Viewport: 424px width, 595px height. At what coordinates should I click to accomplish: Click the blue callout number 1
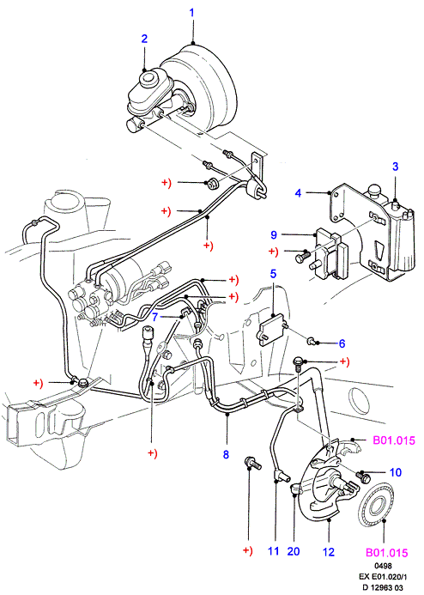point(191,13)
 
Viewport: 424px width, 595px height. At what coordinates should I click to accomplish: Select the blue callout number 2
point(144,39)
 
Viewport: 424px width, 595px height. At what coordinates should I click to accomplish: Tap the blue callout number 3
point(395,167)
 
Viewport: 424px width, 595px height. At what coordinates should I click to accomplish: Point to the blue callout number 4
point(298,193)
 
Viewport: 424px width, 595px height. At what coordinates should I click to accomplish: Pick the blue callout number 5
point(273,274)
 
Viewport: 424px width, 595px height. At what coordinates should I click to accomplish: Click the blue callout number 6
point(342,343)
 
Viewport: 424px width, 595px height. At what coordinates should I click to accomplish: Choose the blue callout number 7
point(154,317)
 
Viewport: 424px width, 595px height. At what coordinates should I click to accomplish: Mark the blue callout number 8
point(226,454)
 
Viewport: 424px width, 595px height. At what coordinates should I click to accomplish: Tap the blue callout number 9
point(274,235)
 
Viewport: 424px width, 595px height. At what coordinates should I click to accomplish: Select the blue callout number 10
point(396,472)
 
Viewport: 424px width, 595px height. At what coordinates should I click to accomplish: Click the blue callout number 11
point(274,551)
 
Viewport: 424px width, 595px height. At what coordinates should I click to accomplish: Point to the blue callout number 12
point(329,552)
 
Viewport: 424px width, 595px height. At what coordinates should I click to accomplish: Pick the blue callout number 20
point(294,551)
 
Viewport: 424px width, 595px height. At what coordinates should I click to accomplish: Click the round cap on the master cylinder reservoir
point(148,78)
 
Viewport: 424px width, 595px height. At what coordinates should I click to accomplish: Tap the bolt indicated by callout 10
point(363,477)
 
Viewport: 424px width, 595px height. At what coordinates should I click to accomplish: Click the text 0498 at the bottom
point(383,566)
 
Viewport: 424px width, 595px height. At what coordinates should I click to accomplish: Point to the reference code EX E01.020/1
point(383,577)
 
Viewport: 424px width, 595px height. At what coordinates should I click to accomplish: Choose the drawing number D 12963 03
point(383,588)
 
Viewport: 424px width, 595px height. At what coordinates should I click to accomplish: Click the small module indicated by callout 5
point(272,329)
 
